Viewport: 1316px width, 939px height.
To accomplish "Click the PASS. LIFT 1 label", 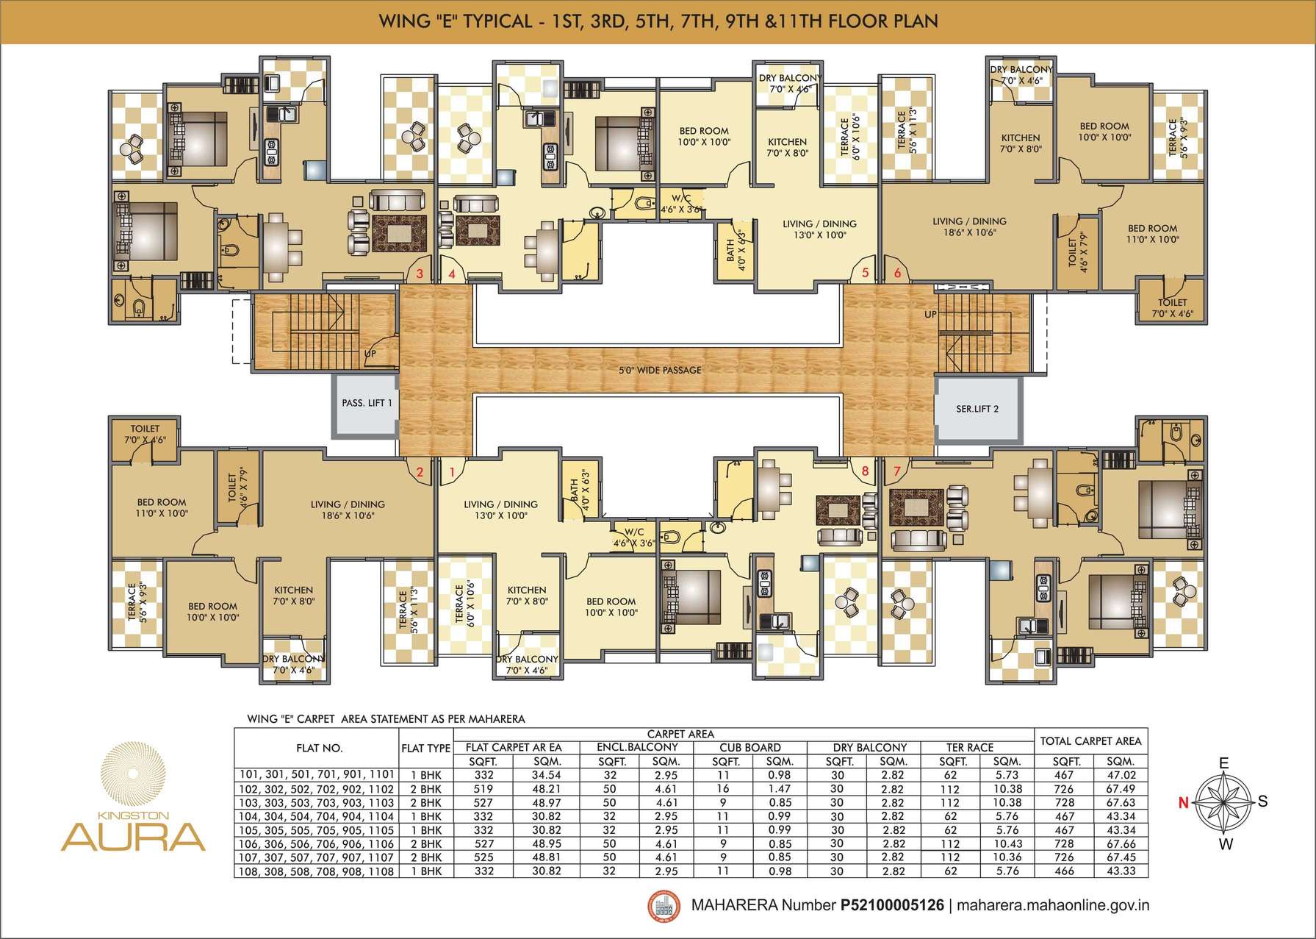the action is (x=367, y=403).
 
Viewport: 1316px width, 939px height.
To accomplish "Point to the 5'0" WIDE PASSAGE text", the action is (x=660, y=370).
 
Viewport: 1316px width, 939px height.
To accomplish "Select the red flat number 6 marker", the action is (x=897, y=273).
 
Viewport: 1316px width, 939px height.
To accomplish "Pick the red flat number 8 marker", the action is (x=865, y=471).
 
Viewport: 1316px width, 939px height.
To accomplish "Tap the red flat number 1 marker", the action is (x=452, y=471).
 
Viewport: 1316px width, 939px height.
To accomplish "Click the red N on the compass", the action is (x=1183, y=803).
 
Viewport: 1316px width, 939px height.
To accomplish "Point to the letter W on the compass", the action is (x=1225, y=845).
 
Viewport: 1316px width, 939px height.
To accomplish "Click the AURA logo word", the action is (x=132, y=837).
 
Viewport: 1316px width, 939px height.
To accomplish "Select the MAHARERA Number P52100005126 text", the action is (x=817, y=905).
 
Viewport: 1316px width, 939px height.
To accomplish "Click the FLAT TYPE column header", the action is (x=426, y=748).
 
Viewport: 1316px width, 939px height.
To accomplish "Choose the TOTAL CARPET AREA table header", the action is (x=1090, y=741).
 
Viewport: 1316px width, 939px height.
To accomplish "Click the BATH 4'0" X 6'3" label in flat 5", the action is (x=736, y=250).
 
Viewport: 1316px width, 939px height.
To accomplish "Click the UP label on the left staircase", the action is (x=371, y=354).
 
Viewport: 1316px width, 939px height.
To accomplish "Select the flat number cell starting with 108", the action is (x=317, y=871).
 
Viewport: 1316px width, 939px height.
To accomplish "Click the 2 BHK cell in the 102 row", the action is (x=426, y=789).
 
